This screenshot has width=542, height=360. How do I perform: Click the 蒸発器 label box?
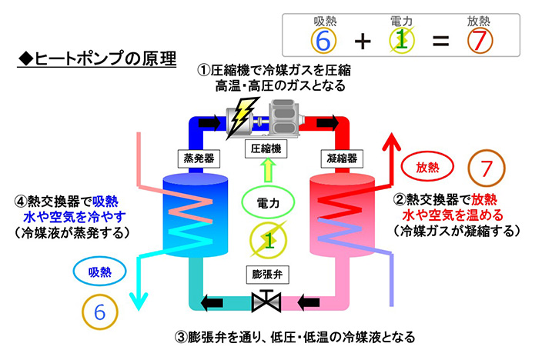pos(197,158)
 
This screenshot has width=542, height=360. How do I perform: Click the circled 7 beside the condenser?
pos(486,166)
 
